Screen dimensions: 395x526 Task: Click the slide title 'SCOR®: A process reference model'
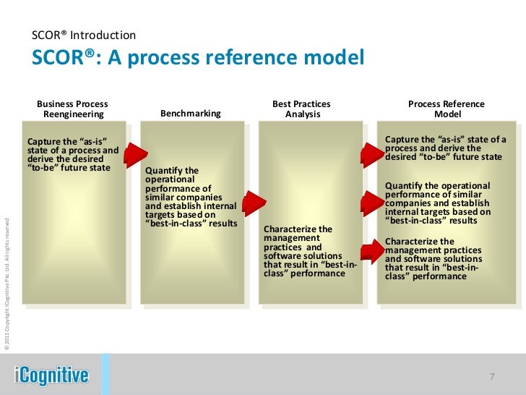(x=197, y=58)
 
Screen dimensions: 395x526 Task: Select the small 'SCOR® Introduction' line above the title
(x=83, y=35)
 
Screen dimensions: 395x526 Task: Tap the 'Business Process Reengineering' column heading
(x=73, y=109)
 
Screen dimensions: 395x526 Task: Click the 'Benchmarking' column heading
(x=190, y=114)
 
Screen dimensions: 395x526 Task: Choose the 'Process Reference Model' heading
(x=446, y=109)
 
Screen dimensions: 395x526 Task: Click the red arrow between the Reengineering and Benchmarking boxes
(x=135, y=153)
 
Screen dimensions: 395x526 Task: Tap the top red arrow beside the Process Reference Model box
(x=372, y=151)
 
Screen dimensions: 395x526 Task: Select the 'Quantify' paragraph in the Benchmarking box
(x=191, y=197)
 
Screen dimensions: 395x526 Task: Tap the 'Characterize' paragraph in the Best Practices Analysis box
(x=310, y=252)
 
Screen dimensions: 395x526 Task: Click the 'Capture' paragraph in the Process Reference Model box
(x=445, y=148)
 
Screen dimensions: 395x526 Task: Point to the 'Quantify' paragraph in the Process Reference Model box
(x=438, y=203)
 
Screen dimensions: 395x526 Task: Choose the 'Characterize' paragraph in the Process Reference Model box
(x=433, y=258)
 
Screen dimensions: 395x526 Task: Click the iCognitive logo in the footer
(x=51, y=375)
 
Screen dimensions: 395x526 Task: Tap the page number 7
(x=491, y=377)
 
